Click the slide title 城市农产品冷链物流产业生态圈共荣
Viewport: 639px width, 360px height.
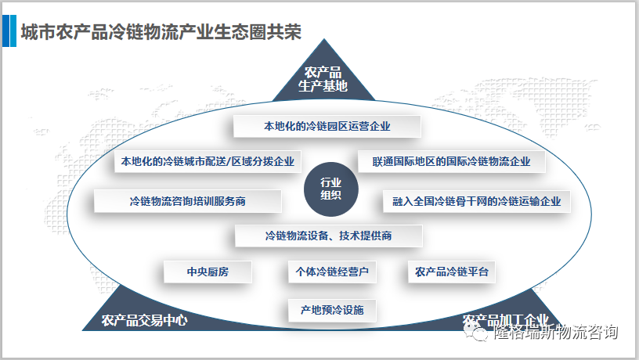pos(161,33)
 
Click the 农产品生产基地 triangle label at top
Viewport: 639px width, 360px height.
pos(323,80)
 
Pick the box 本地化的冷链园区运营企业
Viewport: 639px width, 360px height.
pos(327,126)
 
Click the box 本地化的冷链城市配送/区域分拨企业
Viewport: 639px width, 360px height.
pos(208,162)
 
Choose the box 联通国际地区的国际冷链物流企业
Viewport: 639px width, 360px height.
pos(445,162)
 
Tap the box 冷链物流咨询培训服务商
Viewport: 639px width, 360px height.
pos(188,201)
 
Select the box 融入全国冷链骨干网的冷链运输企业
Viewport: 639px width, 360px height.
pos(477,201)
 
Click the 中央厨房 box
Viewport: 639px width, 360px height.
pos(208,272)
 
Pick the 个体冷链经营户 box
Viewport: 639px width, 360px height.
pos(332,272)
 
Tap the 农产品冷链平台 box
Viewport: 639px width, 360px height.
pos(452,272)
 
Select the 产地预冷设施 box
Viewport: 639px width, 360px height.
pos(332,310)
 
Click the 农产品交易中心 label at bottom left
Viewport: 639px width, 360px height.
pos(144,321)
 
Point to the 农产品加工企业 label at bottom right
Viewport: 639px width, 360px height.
pos(505,321)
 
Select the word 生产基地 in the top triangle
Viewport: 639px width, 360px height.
pos(323,86)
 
